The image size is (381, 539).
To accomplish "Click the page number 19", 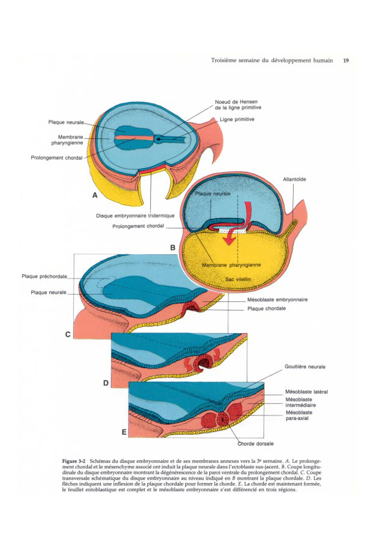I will click(x=346, y=61).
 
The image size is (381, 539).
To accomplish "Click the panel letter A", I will click(x=95, y=195).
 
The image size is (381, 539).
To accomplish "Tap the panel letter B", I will click(x=173, y=248).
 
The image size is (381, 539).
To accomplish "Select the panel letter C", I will click(x=68, y=334).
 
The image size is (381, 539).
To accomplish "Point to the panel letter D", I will click(x=106, y=383).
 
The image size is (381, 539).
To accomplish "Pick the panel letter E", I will click(x=124, y=432).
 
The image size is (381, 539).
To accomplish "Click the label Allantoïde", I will click(x=294, y=179).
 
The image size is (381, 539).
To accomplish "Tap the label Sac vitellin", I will click(x=238, y=279).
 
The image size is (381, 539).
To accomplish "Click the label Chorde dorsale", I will click(x=255, y=443).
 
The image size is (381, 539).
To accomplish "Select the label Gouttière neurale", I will click(x=305, y=367).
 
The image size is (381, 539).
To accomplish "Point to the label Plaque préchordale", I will click(x=44, y=276).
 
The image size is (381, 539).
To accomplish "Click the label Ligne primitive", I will click(x=237, y=119).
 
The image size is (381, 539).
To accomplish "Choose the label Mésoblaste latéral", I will click(x=306, y=392).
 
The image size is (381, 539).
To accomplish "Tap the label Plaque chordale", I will click(x=266, y=308).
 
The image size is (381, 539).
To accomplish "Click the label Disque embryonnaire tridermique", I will click(x=135, y=216).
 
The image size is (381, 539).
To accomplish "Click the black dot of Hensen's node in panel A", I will click(x=158, y=139).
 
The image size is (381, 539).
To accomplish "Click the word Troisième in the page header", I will click(x=224, y=61).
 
